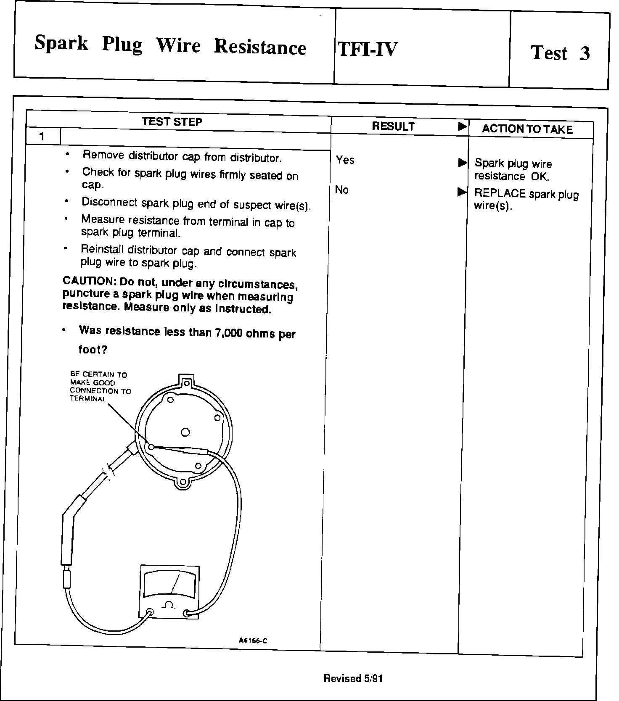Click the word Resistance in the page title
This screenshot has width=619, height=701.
tap(260, 47)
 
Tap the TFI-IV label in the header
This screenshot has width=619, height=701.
tap(367, 49)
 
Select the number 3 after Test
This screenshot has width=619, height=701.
tap(585, 53)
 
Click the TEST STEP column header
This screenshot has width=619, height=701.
tap(172, 122)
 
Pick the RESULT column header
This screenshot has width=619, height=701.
tap(393, 126)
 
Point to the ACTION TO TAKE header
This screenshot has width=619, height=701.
tap(527, 129)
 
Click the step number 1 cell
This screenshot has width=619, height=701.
tap(42, 137)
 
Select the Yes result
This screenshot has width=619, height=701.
tap(345, 160)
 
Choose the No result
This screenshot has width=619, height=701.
tap(342, 190)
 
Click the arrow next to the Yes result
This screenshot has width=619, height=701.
tap(462, 162)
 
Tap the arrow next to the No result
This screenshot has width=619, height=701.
tap(462, 192)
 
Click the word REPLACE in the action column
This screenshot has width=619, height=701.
tap(500, 193)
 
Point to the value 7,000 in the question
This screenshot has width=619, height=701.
tap(228, 333)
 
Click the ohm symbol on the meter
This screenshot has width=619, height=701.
tap(169, 605)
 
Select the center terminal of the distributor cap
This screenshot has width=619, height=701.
tap(185, 432)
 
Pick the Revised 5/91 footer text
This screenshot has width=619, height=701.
tap(353, 678)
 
